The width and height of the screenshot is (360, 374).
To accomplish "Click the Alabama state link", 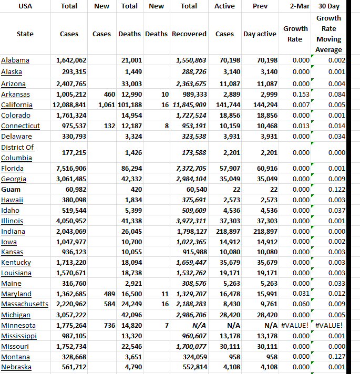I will click(x=15, y=60).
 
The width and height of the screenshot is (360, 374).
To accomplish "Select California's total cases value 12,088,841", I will click(x=71, y=105).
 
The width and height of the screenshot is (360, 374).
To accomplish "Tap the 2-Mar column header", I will click(x=295, y=6).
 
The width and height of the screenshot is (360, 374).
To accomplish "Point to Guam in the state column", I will click(x=11, y=189).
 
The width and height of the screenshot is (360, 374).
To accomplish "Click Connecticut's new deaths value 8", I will click(x=166, y=126).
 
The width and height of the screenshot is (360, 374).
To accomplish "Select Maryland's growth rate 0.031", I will click(x=301, y=294).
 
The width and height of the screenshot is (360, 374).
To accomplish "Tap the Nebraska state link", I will click(x=16, y=367).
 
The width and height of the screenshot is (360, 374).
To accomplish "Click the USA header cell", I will click(x=25, y=6).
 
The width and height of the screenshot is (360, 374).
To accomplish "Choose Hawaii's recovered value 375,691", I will click(x=194, y=200).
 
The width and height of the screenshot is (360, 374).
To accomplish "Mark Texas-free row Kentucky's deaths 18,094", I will click(x=131, y=263).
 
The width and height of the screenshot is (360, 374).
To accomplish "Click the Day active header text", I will click(x=260, y=34).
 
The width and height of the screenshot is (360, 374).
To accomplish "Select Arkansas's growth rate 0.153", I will click(x=301, y=95).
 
